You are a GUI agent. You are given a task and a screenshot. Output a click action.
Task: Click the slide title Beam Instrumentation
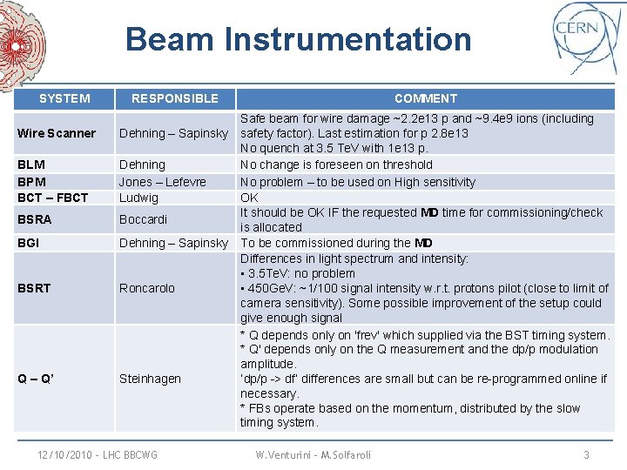point(298,40)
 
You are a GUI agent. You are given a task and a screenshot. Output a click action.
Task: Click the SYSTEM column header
point(64,98)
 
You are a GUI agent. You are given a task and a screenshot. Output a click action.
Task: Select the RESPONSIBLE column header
point(174,98)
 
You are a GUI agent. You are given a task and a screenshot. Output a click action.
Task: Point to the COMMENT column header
point(425,98)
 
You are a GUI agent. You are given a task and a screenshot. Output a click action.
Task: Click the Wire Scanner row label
point(57,133)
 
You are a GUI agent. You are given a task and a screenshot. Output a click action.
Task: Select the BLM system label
point(31,164)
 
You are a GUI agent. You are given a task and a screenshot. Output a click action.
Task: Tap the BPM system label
point(32,182)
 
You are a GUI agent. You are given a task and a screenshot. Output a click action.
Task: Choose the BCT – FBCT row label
point(52,198)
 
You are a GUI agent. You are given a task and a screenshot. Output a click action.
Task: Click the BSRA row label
point(35,220)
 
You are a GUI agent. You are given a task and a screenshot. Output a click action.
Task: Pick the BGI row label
point(28,243)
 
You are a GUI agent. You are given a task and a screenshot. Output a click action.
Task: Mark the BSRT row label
point(35,288)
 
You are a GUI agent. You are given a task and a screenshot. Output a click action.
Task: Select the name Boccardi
point(144,220)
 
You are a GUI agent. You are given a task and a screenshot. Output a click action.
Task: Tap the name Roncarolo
point(146,288)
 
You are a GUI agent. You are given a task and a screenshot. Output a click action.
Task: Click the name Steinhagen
point(150,379)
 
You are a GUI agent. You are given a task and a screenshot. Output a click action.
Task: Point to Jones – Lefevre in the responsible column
point(162,182)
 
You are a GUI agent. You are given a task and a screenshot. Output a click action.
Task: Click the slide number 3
point(586,454)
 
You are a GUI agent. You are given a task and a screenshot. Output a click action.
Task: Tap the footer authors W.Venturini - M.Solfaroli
point(313,454)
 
